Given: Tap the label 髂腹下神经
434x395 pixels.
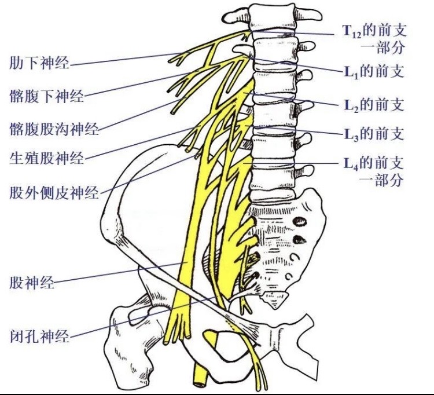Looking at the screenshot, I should click(x=47, y=95).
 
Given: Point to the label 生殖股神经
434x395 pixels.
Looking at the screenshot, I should click(x=47, y=157).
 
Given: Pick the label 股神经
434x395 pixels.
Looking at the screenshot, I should click(x=32, y=283).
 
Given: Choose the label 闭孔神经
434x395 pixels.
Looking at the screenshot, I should click(x=39, y=335).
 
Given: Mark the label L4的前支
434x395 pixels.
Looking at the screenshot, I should click(x=373, y=163).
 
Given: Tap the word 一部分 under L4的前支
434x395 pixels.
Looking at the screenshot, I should click(x=382, y=180).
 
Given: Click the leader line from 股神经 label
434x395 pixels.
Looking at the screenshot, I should click(x=116, y=273).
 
